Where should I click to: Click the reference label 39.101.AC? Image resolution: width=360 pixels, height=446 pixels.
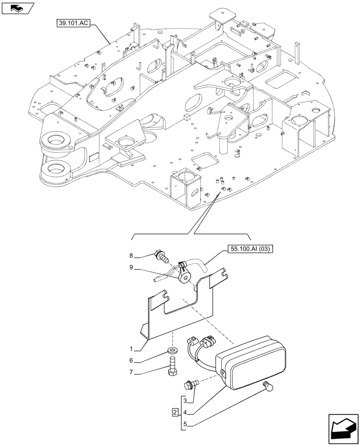[74, 23]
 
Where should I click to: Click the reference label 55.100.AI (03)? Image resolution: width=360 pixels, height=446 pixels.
[252, 249]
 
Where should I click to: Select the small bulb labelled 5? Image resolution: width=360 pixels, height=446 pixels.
[267, 386]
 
